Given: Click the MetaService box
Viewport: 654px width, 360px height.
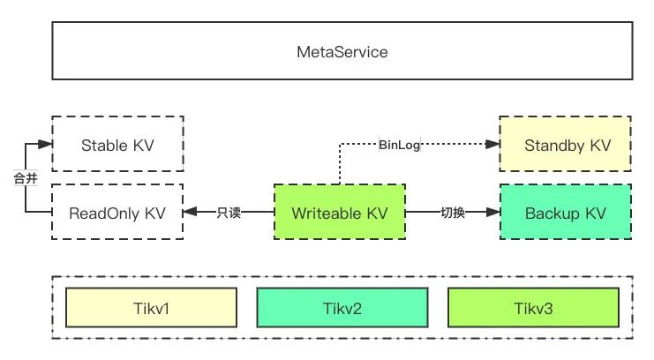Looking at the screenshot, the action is (342, 51).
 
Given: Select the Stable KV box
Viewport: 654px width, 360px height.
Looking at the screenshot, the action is (117, 144).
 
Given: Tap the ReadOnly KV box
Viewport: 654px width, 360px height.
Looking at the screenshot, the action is (117, 212).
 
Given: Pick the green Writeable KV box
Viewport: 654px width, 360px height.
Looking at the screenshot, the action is (340, 212).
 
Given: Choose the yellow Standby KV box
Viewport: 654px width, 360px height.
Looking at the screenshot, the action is (565, 144).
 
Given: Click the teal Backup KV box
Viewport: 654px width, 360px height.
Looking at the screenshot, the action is (566, 212).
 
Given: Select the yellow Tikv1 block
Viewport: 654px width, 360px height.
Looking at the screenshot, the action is (152, 307).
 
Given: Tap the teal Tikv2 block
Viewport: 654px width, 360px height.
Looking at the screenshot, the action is (342, 307).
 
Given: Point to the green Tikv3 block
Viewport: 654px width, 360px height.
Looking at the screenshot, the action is (533, 307).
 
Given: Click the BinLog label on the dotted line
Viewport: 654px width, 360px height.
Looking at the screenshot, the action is (399, 145).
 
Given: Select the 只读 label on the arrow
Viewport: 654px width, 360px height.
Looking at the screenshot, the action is (229, 213).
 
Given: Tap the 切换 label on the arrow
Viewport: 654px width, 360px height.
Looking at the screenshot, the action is (453, 213).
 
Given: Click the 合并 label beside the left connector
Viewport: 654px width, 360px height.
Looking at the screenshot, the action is (26, 178).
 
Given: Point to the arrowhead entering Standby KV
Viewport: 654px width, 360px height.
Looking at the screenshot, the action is (492, 145).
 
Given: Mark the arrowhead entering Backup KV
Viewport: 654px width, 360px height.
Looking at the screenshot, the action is (493, 212).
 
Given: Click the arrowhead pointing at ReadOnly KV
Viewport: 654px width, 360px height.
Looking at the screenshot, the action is (190, 212).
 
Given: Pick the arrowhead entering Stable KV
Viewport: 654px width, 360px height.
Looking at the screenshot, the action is (45, 145).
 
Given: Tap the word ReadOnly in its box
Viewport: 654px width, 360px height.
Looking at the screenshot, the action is (104, 214).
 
